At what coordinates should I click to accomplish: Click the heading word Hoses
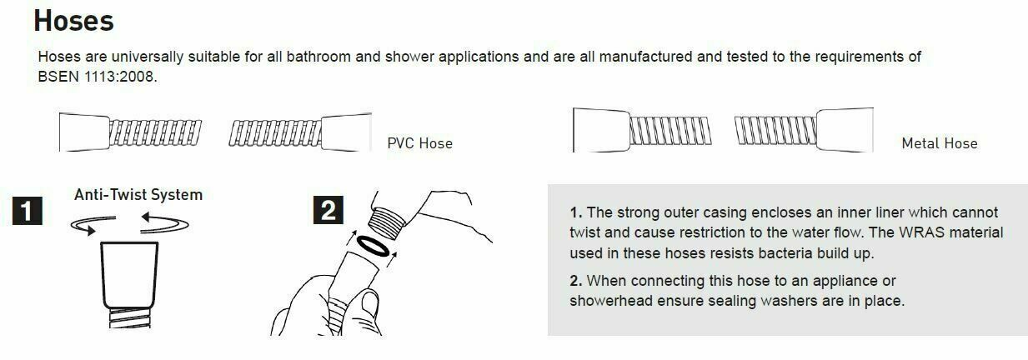[73, 21]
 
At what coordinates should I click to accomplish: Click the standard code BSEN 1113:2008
[98, 77]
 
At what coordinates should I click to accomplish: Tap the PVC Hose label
[420, 143]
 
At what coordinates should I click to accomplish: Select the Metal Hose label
[940, 143]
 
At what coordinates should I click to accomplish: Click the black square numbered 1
[27, 211]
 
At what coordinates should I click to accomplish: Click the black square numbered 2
[328, 210]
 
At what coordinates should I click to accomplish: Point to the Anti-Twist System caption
[138, 195]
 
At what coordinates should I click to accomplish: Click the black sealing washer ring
[373, 247]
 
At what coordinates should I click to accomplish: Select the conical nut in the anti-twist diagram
[129, 275]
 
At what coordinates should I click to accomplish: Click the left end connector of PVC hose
[84, 132]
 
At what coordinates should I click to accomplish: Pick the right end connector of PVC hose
[346, 132]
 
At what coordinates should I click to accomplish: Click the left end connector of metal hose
[602, 130]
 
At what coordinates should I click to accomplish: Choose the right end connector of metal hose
[845, 130]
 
